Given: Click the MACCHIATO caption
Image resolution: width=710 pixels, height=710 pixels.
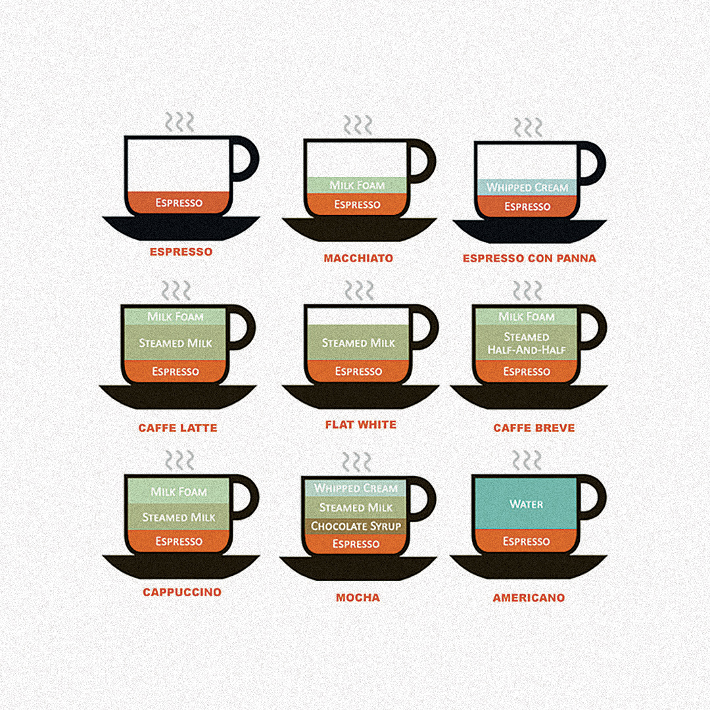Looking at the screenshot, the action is tap(358, 258).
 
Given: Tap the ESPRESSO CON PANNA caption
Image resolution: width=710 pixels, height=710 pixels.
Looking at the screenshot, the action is tap(529, 258).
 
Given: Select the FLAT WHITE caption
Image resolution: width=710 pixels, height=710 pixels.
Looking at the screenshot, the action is tap(361, 425).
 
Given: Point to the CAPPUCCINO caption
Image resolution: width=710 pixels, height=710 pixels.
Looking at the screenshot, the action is tap(182, 592).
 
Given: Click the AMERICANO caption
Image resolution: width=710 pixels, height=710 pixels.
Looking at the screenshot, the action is tap(529, 598).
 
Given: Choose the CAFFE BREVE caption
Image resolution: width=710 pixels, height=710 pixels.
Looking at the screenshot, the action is tap(534, 428).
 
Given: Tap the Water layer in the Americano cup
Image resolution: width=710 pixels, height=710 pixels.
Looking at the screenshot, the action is tap(526, 504).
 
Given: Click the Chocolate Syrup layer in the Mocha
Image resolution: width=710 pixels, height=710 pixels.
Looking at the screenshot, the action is tap(356, 526).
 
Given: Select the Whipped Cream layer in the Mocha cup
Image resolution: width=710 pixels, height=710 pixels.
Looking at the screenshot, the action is tap(356, 488).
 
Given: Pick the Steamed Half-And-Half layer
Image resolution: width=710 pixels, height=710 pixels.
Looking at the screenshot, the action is tap(526, 343).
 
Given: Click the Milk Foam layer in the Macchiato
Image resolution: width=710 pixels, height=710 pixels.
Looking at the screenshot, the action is tap(357, 185).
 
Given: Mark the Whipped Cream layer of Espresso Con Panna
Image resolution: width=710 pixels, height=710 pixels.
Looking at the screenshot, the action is tap(527, 187).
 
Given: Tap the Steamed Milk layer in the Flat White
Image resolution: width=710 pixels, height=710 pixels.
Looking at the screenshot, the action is tap(358, 343).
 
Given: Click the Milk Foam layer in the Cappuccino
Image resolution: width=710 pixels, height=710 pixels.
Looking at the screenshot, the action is tap(179, 491).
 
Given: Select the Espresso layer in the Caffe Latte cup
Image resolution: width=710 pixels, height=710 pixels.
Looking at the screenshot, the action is tap(176, 371).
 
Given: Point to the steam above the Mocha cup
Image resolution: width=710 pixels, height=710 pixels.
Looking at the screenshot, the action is tap(356, 462).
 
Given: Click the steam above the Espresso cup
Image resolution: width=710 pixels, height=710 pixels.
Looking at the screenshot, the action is tap(179, 122).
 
